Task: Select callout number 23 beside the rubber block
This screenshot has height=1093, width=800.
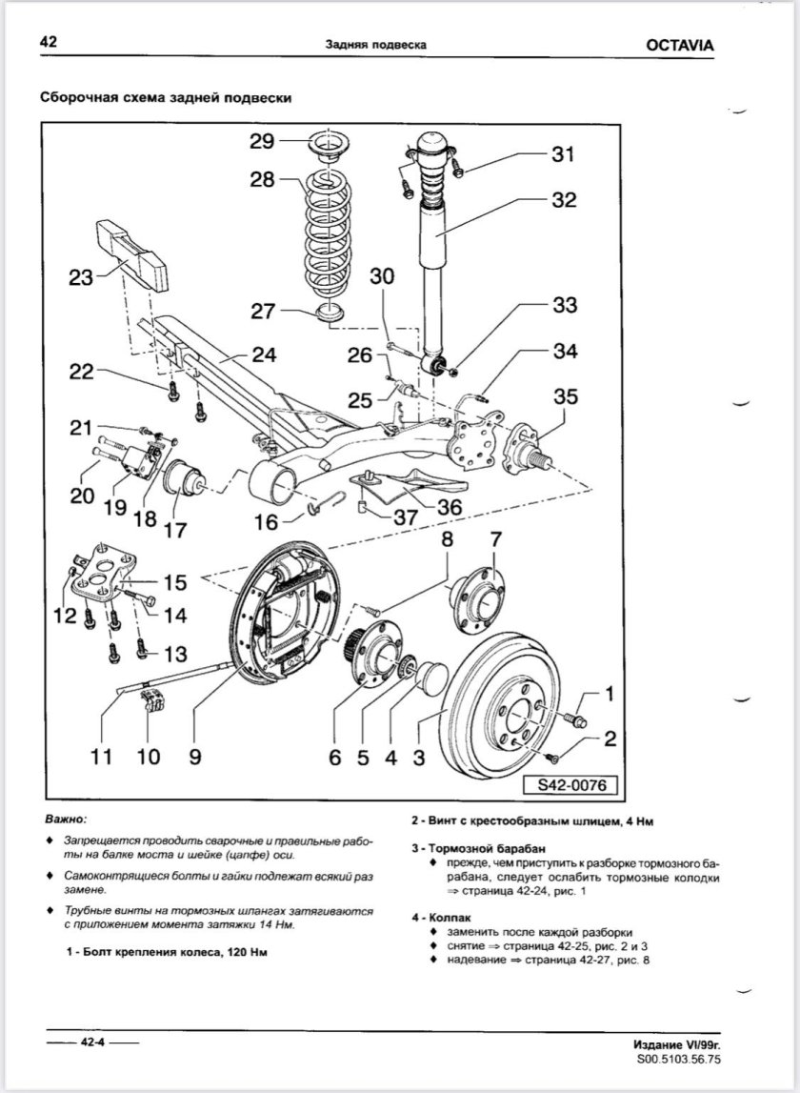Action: [x=81, y=277]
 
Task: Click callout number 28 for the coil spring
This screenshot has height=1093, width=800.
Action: [x=263, y=179]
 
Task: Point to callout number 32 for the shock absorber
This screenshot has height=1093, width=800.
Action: [x=564, y=200]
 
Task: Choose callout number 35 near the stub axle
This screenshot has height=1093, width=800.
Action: [x=566, y=396]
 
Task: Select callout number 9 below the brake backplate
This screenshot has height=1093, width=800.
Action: [x=195, y=758]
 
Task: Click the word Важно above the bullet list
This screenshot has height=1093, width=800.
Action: [x=65, y=819]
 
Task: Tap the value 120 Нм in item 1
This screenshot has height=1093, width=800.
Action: [x=232, y=952]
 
